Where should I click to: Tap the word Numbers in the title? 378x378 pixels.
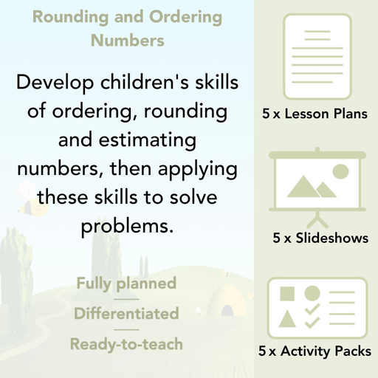tap(127, 41)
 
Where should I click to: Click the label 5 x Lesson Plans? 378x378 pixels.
tap(315, 114)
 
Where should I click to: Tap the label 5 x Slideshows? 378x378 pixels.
tap(320, 238)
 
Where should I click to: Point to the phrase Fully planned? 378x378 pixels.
tap(126, 283)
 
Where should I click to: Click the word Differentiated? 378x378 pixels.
tap(126, 314)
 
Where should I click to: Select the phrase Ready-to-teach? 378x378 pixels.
tap(126, 344)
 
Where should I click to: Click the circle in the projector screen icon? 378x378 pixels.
tap(340, 172)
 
